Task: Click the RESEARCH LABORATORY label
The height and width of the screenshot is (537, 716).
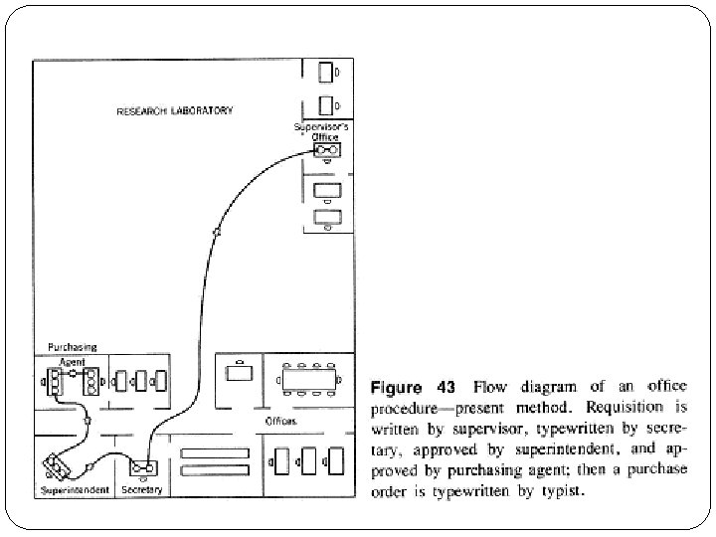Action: coord(175,110)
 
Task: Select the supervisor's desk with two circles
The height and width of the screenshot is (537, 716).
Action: coord(326,150)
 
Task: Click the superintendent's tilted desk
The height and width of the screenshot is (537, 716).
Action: coord(58,466)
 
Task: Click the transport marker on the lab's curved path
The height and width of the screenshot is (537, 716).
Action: coord(217,232)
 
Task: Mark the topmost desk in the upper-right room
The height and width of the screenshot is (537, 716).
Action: coord(325,73)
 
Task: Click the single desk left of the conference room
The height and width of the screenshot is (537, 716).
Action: coord(240,376)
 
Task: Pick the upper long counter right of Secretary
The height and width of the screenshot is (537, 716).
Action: coord(213,453)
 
